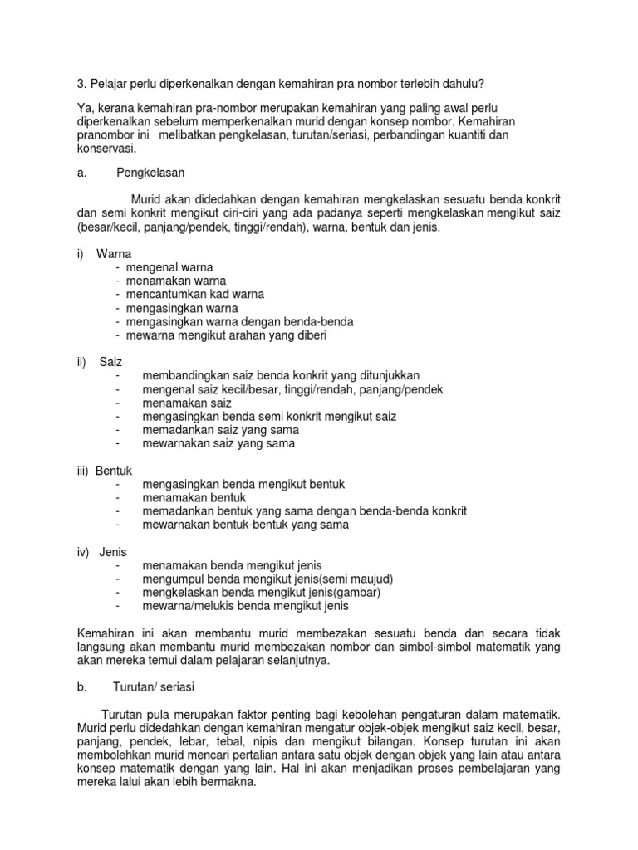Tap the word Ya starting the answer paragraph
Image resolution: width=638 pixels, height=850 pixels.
83,110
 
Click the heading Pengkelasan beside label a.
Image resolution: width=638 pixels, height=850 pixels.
150,173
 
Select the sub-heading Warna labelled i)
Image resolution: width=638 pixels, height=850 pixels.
114,253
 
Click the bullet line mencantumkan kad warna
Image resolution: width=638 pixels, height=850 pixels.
190,294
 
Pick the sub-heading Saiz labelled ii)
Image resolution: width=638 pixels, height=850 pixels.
110,362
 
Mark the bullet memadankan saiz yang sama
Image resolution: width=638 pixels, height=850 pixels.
220,430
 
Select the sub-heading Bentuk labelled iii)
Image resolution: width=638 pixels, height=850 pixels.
114,471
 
